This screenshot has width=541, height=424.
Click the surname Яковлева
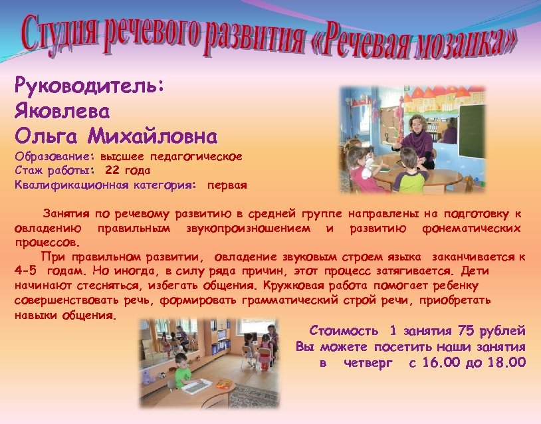pyautogui.click(x=62, y=111)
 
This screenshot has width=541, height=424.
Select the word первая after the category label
pyautogui.click(x=227, y=185)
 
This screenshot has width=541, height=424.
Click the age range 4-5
pyautogui.click(x=26, y=271)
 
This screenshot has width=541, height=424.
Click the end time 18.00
pyautogui.click(x=505, y=362)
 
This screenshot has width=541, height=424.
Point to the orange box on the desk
pyautogui.click(x=225, y=383)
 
